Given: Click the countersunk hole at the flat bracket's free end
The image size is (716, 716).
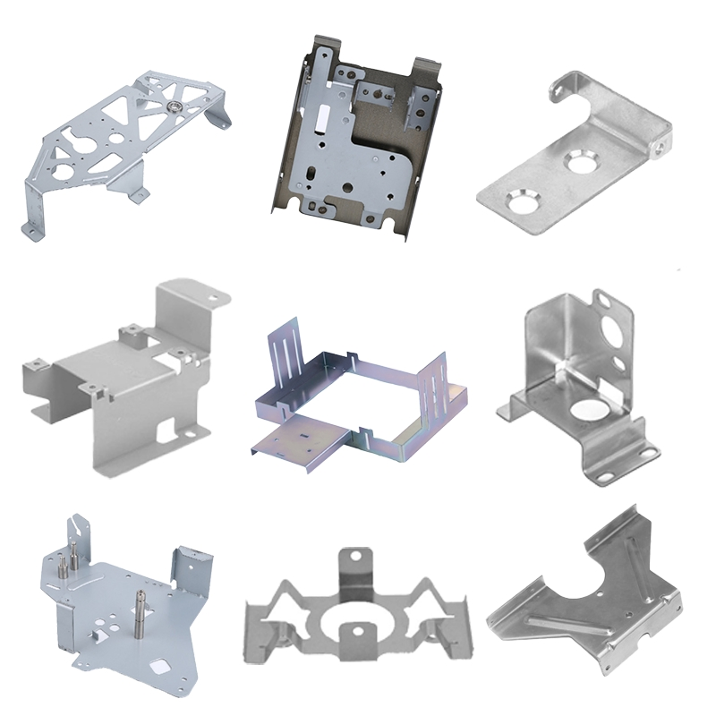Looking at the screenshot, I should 520,198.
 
